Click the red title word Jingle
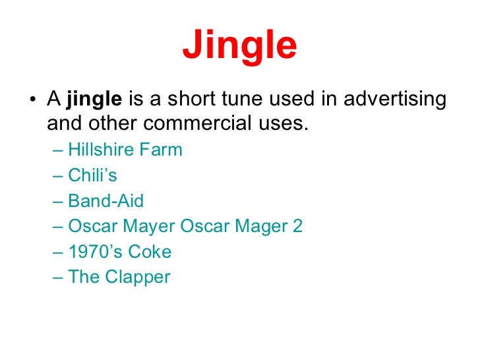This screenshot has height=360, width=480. (x=239, y=45)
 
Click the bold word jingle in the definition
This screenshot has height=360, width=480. (x=94, y=100)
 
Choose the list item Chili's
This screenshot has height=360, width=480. (x=92, y=175)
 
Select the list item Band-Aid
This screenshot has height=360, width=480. (x=105, y=200)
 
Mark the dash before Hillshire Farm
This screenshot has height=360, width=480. (x=57, y=150)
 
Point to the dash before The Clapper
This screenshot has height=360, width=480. (x=57, y=278)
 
